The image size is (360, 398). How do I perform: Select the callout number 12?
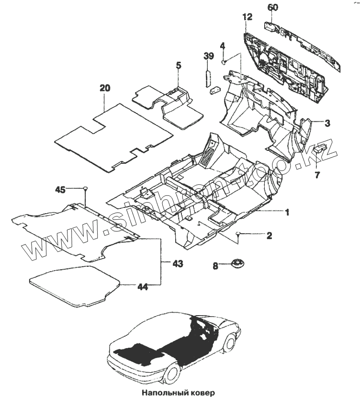pos(247,17)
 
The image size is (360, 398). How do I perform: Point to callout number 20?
pos(104,88)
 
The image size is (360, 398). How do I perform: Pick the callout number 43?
pos(178,263)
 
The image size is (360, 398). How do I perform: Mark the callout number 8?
pos(215,264)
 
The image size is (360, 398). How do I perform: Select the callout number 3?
pos(327,123)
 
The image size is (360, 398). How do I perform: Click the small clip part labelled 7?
pos(322,147)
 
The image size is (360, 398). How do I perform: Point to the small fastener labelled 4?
pos(223,62)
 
